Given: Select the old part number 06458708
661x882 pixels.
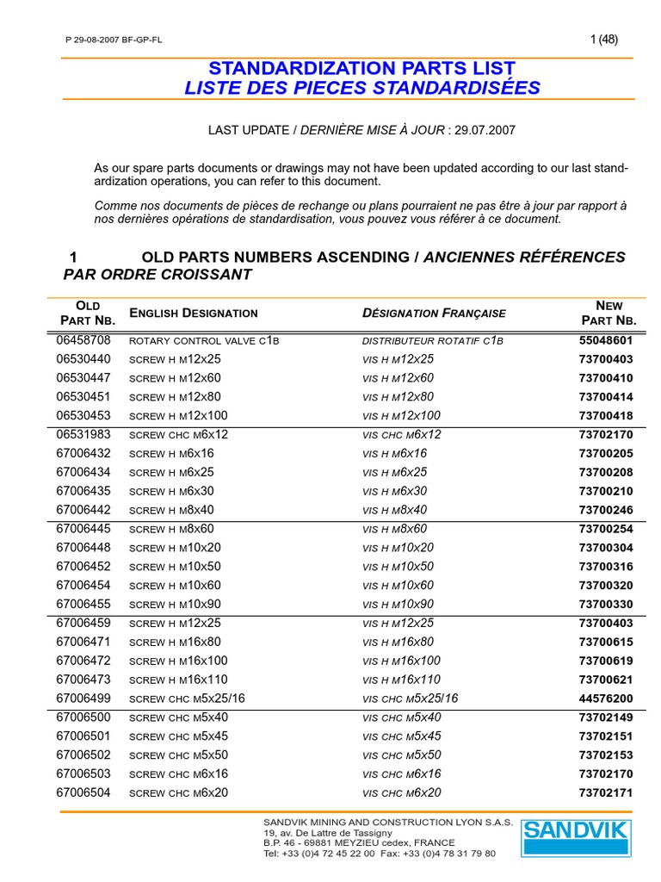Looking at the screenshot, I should [83, 340].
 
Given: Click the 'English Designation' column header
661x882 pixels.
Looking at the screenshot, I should [193, 314].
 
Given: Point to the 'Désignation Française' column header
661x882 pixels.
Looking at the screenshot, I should [434, 314].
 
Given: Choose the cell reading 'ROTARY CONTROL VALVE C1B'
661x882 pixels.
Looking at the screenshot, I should [204, 340].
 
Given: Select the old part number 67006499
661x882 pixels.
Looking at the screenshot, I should [83, 699].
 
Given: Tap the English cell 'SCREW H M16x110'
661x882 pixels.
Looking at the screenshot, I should [179, 680].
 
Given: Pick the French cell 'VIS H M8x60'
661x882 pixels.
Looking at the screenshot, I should [394, 529].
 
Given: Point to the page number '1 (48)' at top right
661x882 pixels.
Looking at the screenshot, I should [603, 39].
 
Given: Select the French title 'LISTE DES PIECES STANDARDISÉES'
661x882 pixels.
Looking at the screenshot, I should [362, 88].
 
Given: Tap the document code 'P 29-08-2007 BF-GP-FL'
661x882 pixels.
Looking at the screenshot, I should [114, 40].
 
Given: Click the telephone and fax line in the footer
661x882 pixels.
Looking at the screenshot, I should [379, 854].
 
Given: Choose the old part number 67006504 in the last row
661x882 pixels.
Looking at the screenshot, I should [83, 792].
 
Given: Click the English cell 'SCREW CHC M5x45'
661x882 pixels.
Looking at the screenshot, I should [178, 736].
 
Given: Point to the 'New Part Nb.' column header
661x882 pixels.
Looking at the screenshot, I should [608, 314].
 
